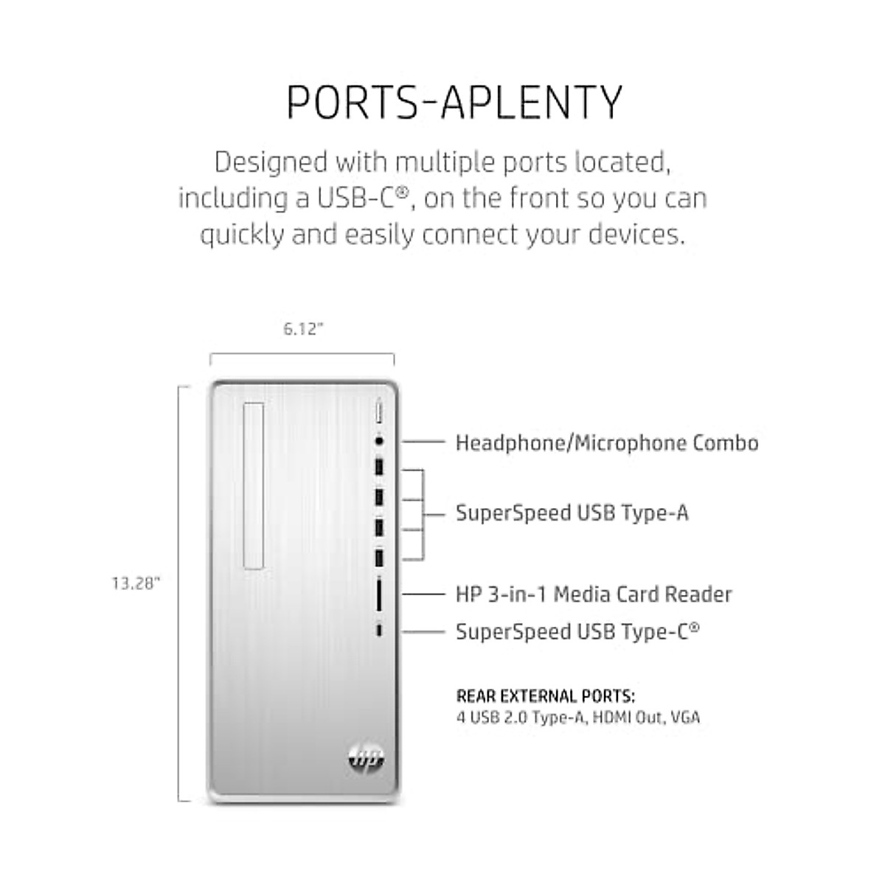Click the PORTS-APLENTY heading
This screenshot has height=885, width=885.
click(x=454, y=103)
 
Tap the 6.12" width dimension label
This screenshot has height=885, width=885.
click(x=304, y=330)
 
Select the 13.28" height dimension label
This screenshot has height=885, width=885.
click(x=136, y=583)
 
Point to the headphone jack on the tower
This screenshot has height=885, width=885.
click(x=379, y=441)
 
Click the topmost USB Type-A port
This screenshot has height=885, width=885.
click(x=379, y=468)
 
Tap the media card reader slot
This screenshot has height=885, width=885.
click(x=379, y=594)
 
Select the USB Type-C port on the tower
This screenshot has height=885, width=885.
click(x=379, y=631)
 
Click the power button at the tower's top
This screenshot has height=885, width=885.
click(x=379, y=410)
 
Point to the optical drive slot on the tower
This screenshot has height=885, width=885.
click(x=253, y=486)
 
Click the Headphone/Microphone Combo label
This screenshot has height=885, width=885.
click(x=607, y=442)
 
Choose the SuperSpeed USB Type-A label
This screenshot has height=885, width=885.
click(x=572, y=513)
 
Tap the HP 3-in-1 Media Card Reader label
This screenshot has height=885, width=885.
click(x=594, y=594)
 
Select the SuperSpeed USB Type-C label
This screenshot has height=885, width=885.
click(x=577, y=631)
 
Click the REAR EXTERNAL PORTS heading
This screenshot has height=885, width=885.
click(x=546, y=696)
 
